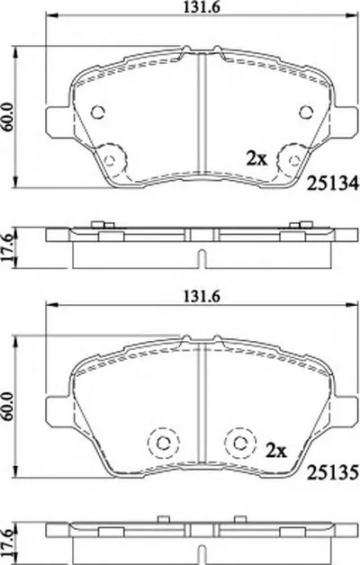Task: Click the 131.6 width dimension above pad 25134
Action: click(x=202, y=7)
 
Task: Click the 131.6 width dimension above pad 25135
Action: click(x=202, y=296)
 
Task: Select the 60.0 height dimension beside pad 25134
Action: click(x=7, y=116)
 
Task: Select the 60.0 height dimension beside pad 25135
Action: click(x=7, y=406)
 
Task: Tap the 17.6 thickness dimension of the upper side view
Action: click(x=8, y=247)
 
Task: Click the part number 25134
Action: click(x=332, y=184)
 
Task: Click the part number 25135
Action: click(x=332, y=472)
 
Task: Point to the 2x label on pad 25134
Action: click(x=256, y=158)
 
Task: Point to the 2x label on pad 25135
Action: click(x=276, y=451)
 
